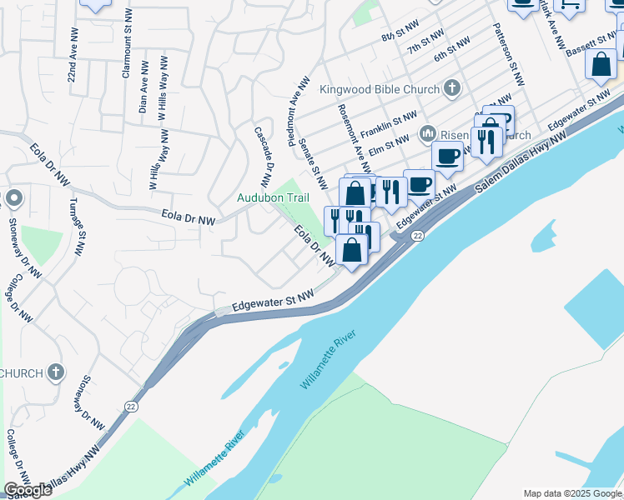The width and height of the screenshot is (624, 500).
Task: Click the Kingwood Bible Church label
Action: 380,87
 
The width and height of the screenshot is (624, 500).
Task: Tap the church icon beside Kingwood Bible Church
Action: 451,87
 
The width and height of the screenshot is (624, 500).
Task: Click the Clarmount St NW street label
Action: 127,45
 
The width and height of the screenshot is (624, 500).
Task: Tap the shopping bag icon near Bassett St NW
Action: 601,65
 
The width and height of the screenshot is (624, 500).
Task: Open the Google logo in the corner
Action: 27,490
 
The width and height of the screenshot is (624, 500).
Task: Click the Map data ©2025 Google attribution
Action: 572,493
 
